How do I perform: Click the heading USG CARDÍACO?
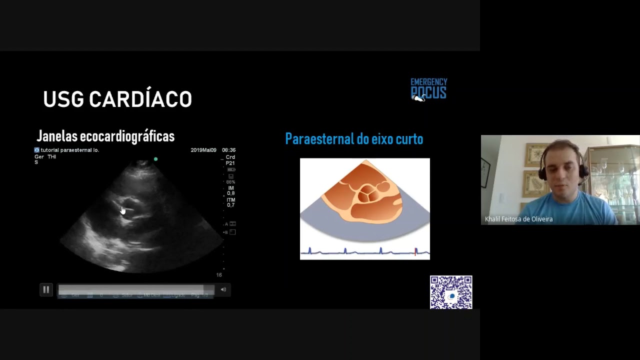coord(117,99)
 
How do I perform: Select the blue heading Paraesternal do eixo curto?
coord(354,139)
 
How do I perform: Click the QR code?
coord(451,292)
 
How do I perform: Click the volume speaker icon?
coord(223,289)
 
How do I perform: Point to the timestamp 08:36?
coord(228,150)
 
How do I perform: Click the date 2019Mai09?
coord(203,150)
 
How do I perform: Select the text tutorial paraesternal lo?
coord(69,150)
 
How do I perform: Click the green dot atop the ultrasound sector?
coord(156,159)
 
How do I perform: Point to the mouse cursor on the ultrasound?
coord(123,210)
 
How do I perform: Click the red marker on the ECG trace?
coord(415,252)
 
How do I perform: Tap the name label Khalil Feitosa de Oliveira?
coord(518,219)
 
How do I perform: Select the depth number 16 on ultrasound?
coord(219,275)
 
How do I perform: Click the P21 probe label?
coord(230,163)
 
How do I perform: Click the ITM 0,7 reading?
coord(230,202)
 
